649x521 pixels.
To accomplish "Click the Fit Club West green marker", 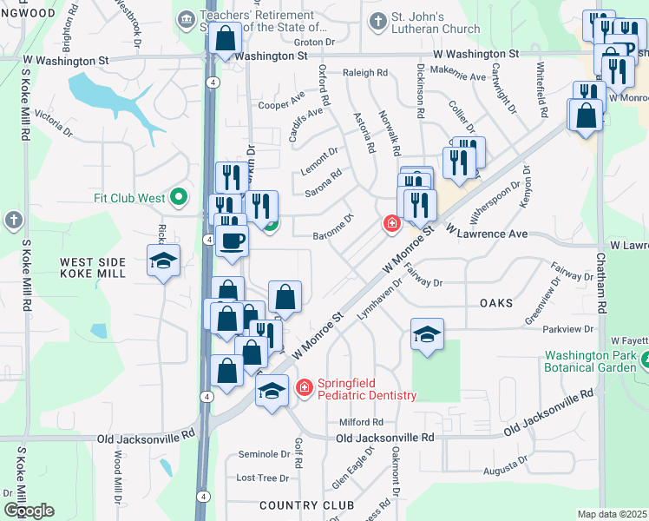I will click(180, 198).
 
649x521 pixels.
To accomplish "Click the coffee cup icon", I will click(233, 240).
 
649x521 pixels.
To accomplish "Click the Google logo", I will click(29, 511).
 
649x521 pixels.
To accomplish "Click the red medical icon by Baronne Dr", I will click(391, 224).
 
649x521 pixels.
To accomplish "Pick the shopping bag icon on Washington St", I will click(225, 39).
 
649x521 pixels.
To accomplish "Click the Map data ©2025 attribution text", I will click(612, 514).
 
